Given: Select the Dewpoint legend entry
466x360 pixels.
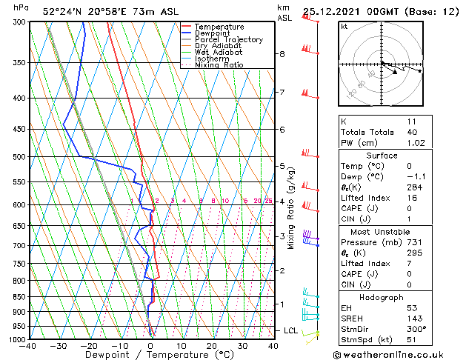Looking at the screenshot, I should pos(215,33).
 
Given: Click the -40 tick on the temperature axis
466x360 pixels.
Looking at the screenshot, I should pos(28,345).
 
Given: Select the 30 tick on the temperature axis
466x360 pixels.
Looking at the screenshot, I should pos(242,345).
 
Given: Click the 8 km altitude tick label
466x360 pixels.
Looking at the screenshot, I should pos(282,54).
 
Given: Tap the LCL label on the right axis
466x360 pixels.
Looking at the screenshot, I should pos(291,330).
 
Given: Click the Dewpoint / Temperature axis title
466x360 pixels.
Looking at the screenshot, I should pos(150,355).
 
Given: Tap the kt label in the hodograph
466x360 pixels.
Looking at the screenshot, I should pos(344,26).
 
